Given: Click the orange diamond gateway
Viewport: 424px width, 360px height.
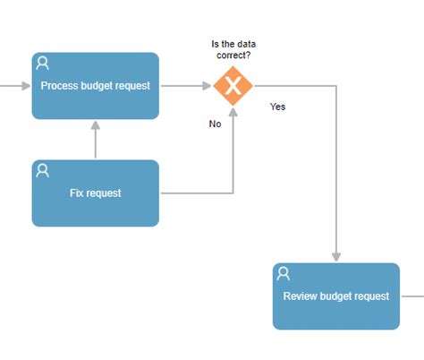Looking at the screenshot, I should pos(233,86).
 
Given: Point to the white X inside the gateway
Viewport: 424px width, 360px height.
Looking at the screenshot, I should pos(233,86).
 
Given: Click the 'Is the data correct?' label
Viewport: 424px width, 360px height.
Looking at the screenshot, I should pos(232,49).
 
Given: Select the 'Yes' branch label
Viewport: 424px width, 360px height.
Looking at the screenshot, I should pos(277,107).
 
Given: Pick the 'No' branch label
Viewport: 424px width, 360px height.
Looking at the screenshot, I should pos(215,124).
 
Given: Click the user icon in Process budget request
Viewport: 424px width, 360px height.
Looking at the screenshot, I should pos(42,63).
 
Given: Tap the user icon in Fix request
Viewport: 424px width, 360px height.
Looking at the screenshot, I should pos(42,170).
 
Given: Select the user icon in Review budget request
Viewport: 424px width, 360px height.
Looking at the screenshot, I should pos(284,273).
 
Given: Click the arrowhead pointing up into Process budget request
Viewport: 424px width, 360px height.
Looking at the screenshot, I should pos(95,124).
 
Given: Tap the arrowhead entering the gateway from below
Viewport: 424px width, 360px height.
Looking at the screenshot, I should pos(233,112).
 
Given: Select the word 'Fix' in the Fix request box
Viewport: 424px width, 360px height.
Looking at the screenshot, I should pos(77,193).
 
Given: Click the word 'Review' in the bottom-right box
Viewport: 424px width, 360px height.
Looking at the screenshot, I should pos(301,296).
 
